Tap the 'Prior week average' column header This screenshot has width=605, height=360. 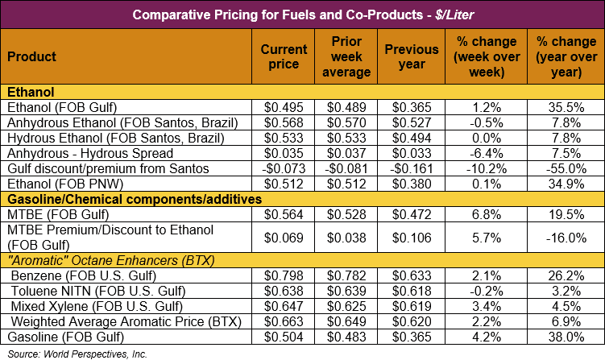(350, 57)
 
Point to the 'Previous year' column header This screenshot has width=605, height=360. (412, 57)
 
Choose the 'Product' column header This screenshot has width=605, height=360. (31, 57)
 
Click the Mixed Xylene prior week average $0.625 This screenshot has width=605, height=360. (350, 306)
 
